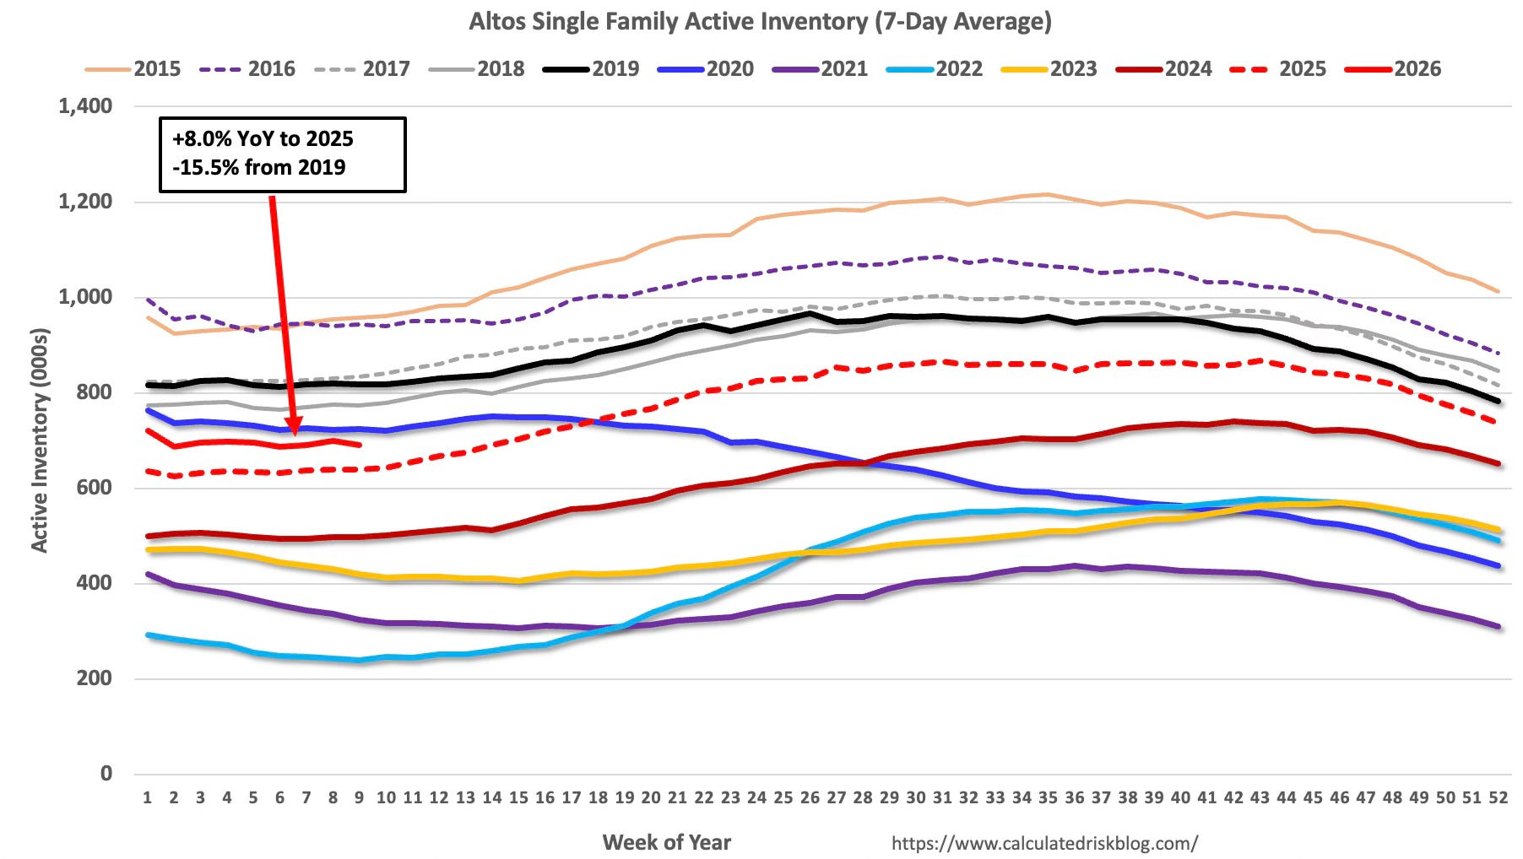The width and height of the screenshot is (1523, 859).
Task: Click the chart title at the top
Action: (760, 21)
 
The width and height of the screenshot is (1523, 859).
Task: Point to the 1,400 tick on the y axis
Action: (85, 106)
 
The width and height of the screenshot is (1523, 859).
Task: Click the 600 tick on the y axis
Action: (95, 488)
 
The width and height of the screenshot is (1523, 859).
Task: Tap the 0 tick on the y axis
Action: (106, 773)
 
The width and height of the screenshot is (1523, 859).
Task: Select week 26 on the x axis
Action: (810, 797)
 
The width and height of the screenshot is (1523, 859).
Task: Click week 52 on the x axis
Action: (1498, 797)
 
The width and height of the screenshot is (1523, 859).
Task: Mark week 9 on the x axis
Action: (360, 797)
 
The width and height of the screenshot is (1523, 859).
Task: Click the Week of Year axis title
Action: (666, 842)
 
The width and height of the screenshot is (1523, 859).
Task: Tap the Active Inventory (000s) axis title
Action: (40, 440)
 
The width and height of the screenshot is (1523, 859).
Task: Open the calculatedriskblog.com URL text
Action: (1044, 843)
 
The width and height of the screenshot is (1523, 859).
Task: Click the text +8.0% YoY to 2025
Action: (263, 139)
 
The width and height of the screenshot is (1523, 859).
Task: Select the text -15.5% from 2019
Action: (259, 168)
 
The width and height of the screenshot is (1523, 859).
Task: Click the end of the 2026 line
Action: (360, 445)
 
